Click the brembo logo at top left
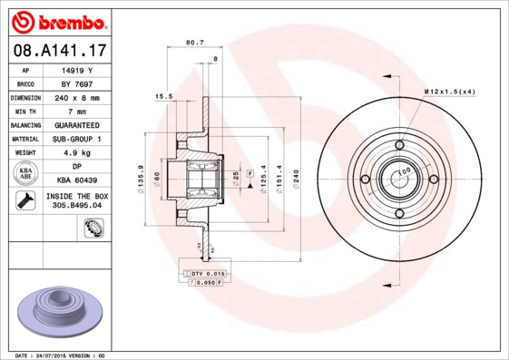pyautogui.click(x=57, y=20)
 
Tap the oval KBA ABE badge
pyautogui.click(x=26, y=174)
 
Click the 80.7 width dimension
pyautogui.click(x=194, y=42)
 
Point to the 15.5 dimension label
pyautogui.click(x=163, y=96)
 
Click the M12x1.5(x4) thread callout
pyautogui.click(x=449, y=92)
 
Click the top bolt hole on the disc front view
pyautogui.click(x=399, y=144)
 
